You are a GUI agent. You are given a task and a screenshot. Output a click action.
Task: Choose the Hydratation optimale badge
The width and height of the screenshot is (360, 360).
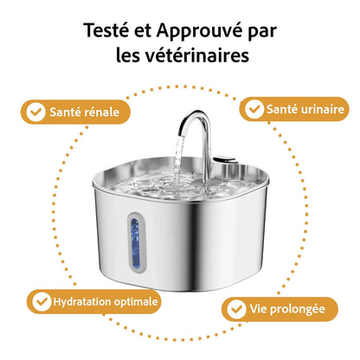click(95, 302)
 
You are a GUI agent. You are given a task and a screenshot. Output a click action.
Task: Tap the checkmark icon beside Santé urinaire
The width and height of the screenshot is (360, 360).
click(254, 110)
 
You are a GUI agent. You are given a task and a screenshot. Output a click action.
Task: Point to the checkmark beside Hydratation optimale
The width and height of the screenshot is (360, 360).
click(41, 302)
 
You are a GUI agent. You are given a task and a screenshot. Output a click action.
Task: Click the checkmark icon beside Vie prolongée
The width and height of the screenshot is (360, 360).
click(235, 309)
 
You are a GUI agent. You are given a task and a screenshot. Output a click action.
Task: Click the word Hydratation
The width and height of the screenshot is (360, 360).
click(80, 302)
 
